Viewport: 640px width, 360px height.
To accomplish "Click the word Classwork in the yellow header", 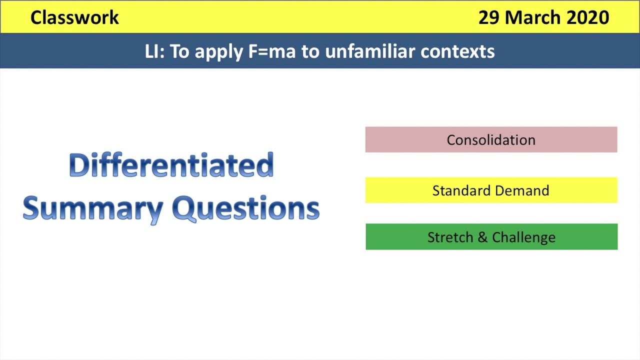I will [x=74, y=17].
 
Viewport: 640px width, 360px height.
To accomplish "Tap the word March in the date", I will [x=533, y=17].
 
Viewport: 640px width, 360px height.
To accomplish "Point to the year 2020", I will [x=588, y=17].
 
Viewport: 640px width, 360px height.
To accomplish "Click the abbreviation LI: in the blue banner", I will [x=154, y=51].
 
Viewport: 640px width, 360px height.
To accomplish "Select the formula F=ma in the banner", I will [x=271, y=51].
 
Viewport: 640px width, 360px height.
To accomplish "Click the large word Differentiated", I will [x=171, y=165].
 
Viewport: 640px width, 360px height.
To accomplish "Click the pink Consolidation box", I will [x=491, y=139].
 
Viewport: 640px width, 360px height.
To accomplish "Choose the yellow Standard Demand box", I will [x=491, y=190].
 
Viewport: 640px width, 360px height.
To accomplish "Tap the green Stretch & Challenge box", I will [x=491, y=237].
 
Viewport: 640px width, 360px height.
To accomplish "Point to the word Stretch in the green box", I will [x=450, y=237].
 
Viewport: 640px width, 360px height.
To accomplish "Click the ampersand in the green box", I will [x=482, y=237].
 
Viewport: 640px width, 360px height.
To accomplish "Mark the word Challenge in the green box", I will [x=523, y=237].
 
